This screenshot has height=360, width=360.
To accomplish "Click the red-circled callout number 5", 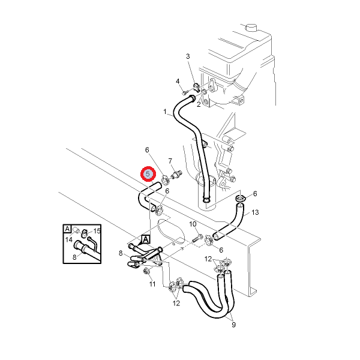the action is click(x=148, y=174).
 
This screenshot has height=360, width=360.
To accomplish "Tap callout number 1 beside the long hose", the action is click(x=165, y=112).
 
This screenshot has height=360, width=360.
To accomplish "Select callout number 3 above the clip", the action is click(x=188, y=56).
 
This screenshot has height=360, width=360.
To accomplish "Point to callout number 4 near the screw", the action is click(x=178, y=81).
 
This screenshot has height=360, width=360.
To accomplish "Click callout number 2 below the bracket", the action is click(x=199, y=104).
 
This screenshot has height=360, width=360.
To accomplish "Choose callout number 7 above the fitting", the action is click(x=170, y=161).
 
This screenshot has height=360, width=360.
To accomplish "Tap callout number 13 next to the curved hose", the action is click(x=255, y=212).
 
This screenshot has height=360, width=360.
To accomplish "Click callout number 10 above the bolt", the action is click(x=193, y=224).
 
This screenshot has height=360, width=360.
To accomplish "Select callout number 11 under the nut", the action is click(x=152, y=284).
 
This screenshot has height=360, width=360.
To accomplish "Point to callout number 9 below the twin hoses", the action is click(x=233, y=325).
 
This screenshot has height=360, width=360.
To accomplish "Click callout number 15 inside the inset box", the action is click(x=97, y=231).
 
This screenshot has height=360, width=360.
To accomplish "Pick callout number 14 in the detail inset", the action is click(x=69, y=239).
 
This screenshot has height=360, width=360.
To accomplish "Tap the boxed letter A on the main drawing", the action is click(x=146, y=239).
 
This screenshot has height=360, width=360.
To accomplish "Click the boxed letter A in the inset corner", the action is click(x=67, y=229).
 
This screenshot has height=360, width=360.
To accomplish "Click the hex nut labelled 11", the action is click(x=146, y=272).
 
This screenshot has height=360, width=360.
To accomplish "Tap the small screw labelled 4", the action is click(x=184, y=93).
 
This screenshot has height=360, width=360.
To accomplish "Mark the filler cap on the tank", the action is click(x=252, y=27).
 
